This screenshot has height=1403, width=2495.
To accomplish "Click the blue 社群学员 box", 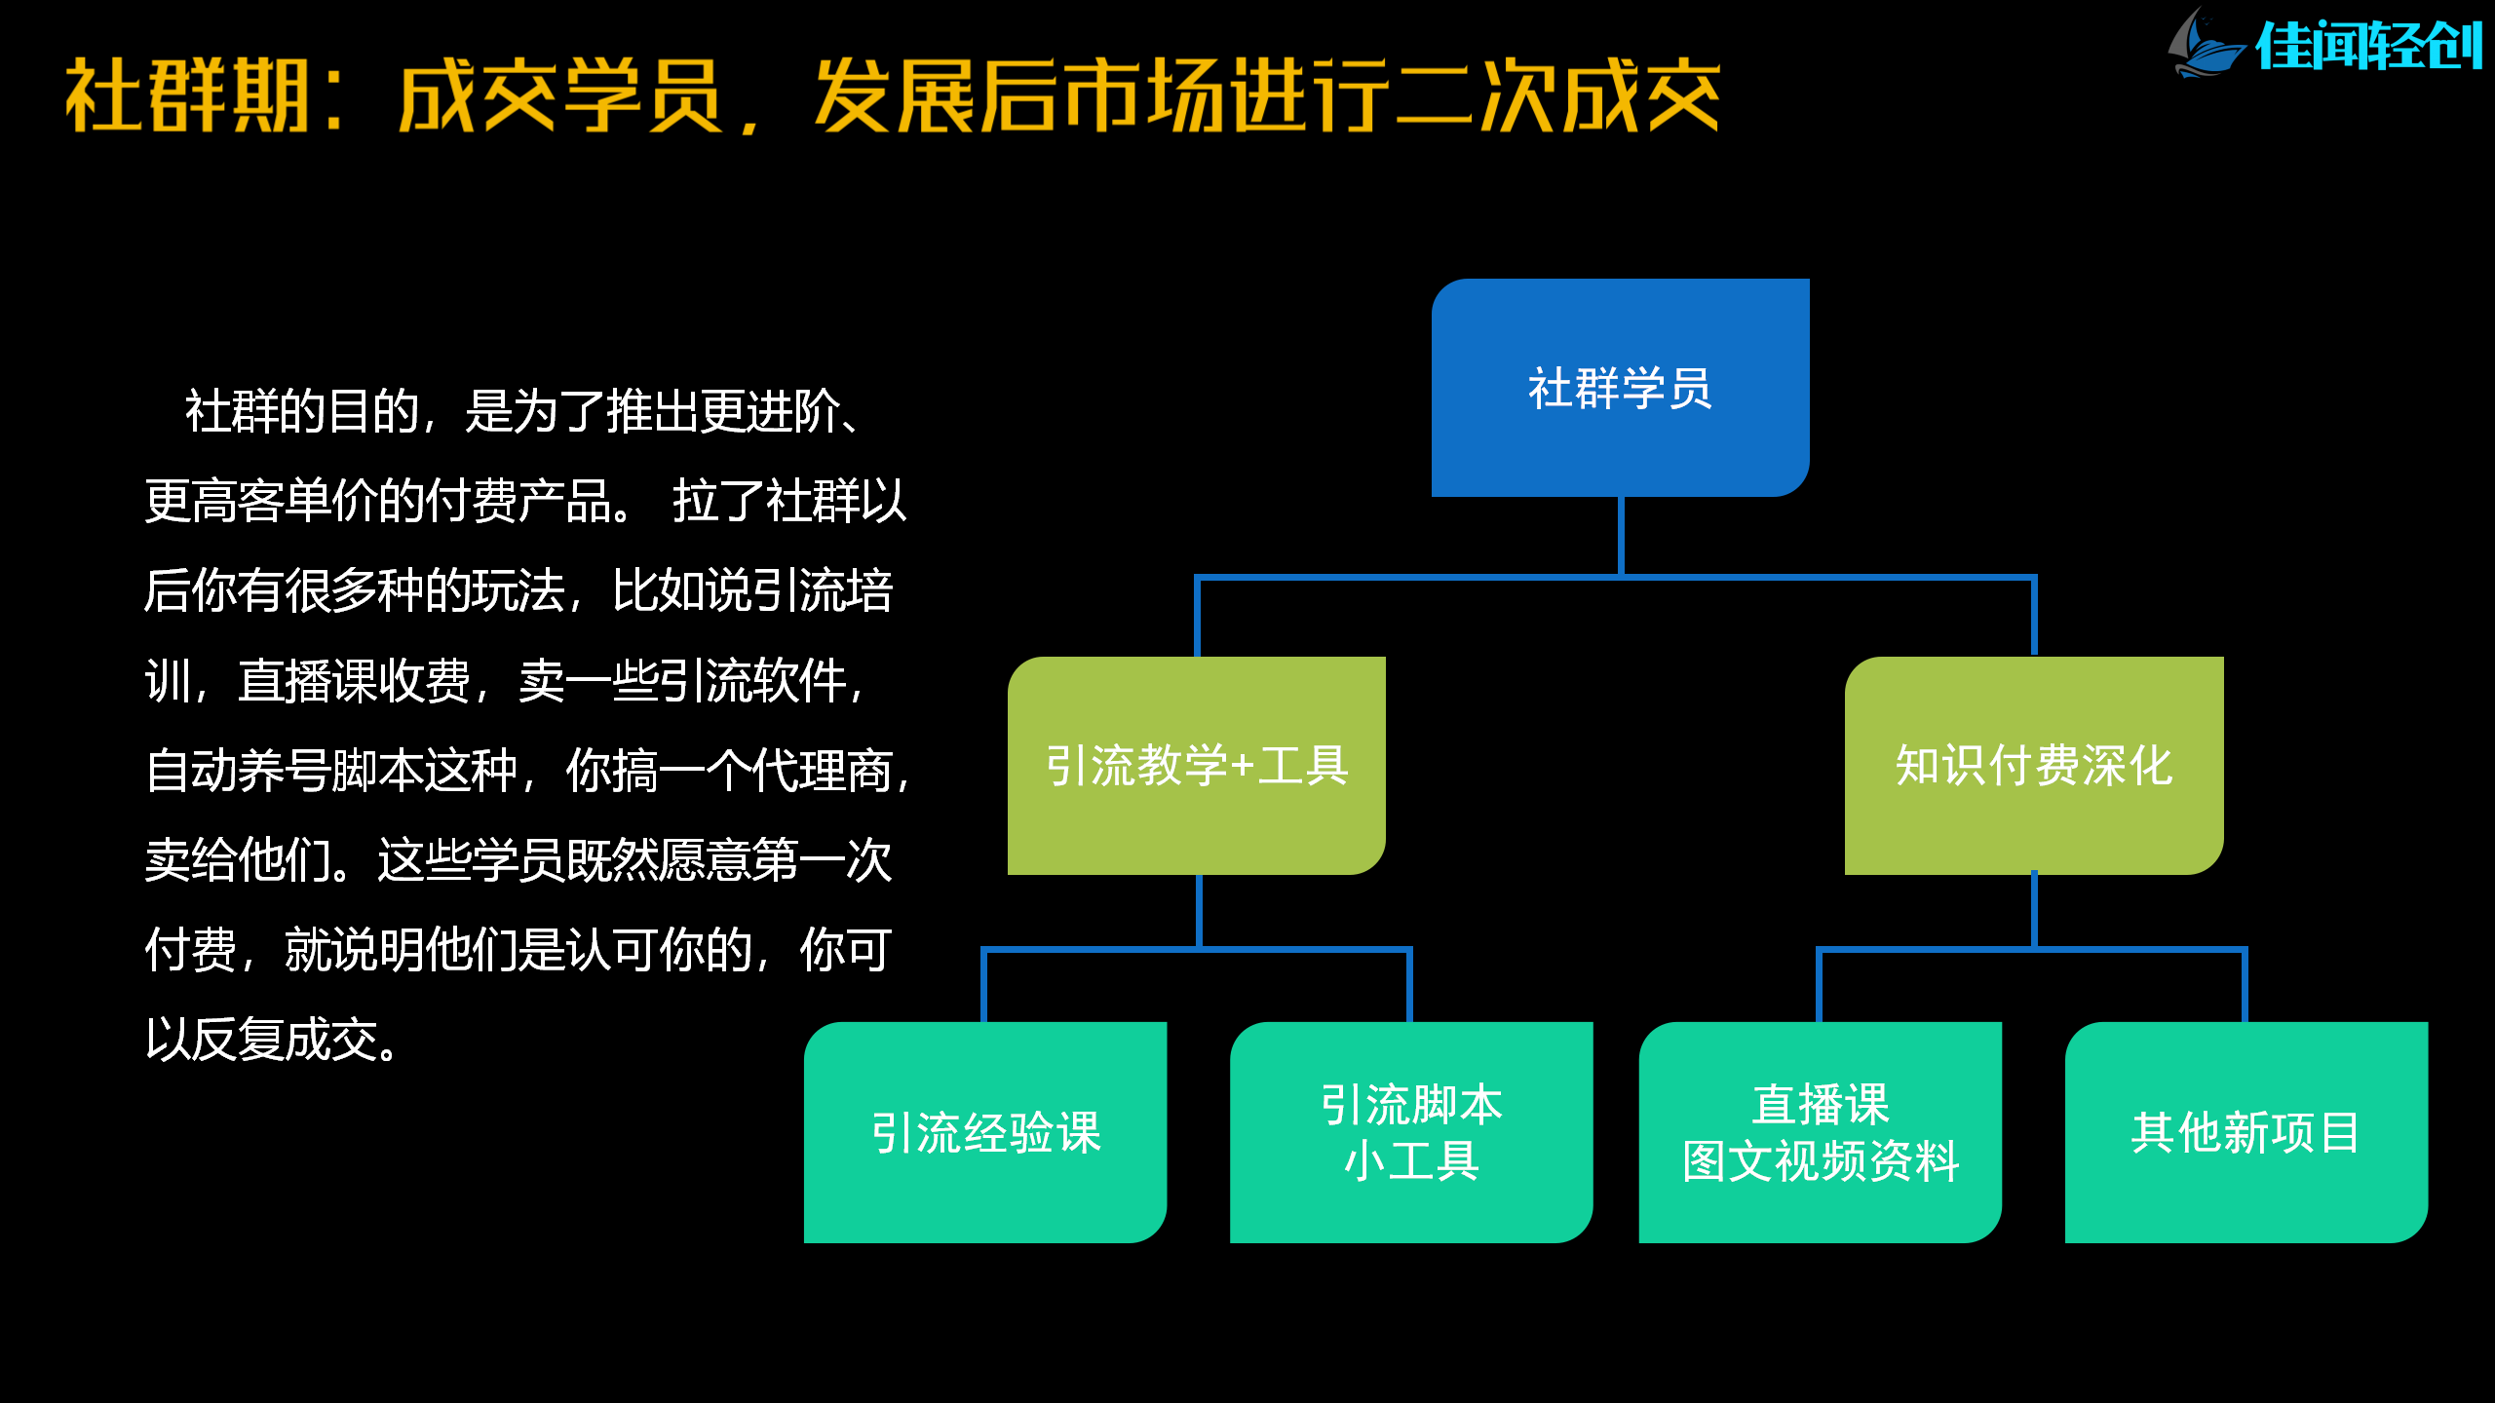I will [1620, 388].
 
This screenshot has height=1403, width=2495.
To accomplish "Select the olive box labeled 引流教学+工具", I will [1196, 766].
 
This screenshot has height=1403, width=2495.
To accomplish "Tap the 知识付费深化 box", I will [2034, 766].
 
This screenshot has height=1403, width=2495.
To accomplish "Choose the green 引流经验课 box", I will [985, 1132].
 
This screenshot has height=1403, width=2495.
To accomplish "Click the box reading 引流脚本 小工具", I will [1411, 1132].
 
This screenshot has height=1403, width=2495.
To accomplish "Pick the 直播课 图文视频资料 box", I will [1820, 1132].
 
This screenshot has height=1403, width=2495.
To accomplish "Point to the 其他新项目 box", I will [2245, 1132].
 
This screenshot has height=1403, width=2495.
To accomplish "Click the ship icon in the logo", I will [2207, 45].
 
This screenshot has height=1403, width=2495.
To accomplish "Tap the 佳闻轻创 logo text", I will [2368, 47].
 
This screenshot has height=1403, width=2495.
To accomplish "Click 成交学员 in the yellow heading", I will [560, 95].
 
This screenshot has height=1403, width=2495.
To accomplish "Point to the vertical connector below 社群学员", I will [1621, 536].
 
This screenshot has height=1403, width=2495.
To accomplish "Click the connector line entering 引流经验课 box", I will [984, 986].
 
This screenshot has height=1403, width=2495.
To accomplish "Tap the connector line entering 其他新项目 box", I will [2245, 986].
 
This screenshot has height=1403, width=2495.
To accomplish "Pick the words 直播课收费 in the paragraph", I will [355, 681].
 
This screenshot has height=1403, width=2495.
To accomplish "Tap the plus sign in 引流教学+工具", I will [1243, 767].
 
